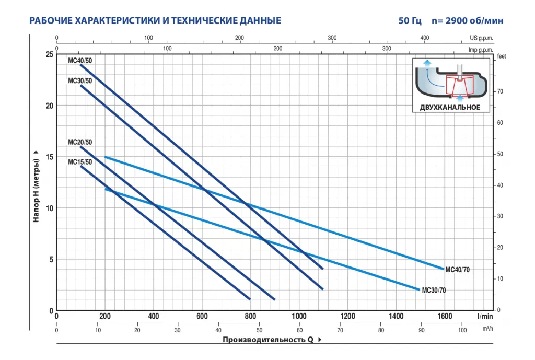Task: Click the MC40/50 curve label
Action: (79, 61)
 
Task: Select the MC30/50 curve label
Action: (79, 80)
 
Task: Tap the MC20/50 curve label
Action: (79, 142)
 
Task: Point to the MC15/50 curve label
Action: (79, 162)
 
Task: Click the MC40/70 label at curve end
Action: (457, 270)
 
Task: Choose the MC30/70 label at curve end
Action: (434, 291)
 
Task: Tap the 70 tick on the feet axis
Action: (500, 91)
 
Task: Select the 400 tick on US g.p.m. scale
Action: (424, 38)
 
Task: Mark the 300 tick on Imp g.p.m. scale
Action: (387, 49)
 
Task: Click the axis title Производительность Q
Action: (267, 340)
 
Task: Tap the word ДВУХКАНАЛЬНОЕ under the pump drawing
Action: (450, 107)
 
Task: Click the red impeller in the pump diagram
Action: (459, 86)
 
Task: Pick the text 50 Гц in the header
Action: (411, 21)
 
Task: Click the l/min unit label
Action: (485, 316)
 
